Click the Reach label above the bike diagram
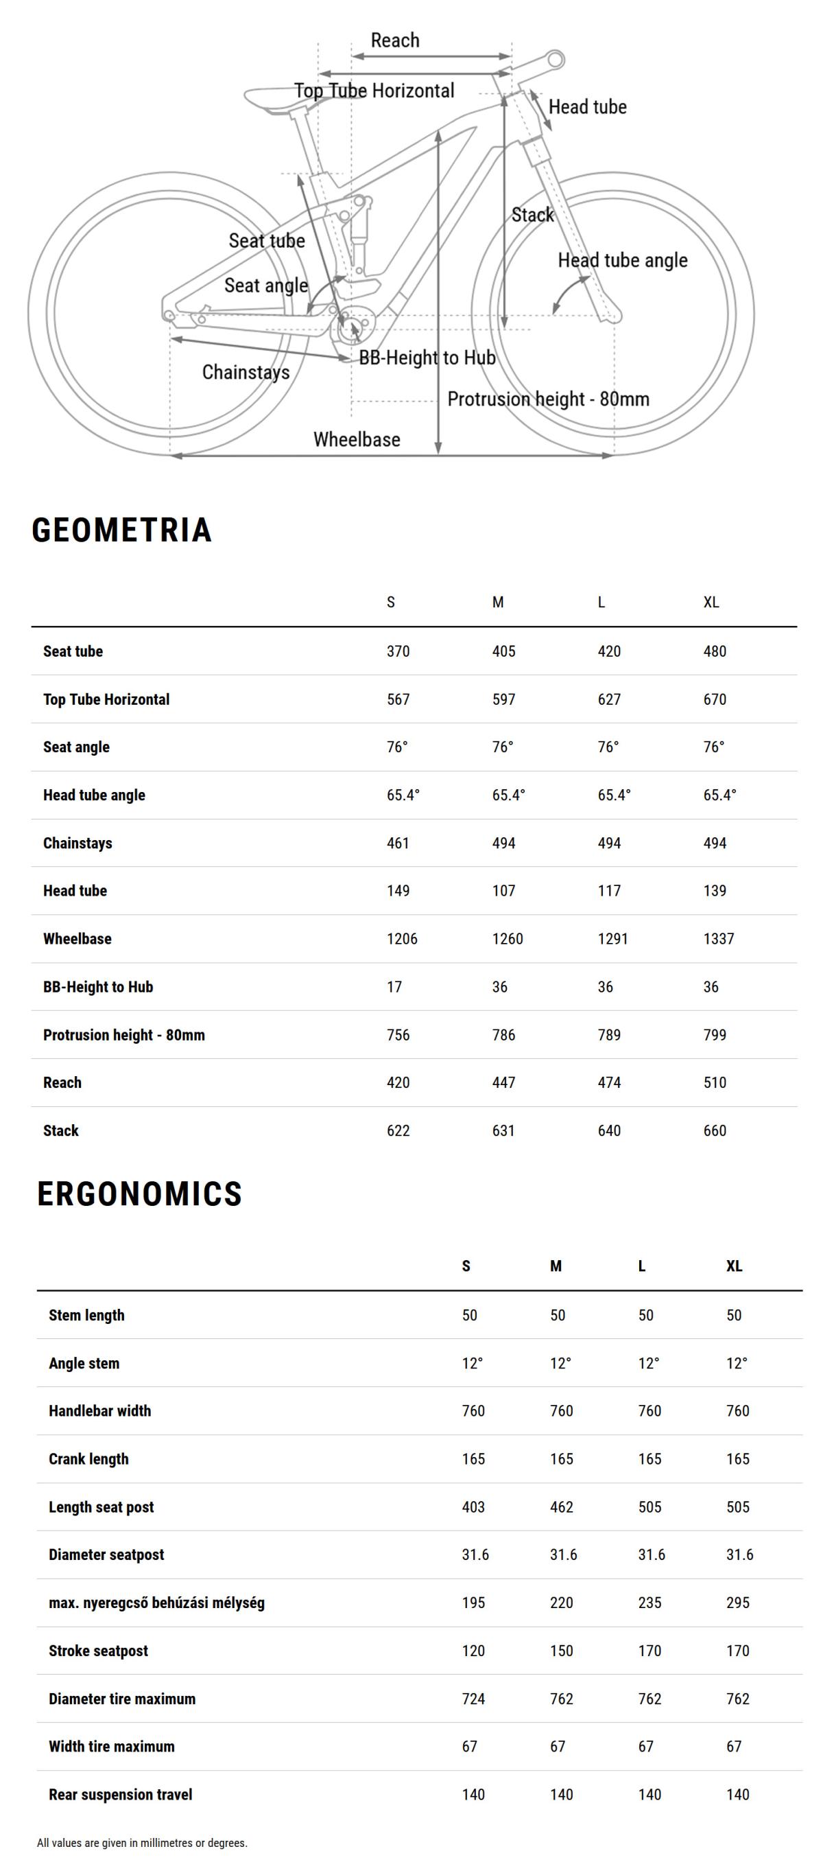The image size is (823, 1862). [x=394, y=40]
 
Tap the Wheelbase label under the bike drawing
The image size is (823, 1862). [x=356, y=439]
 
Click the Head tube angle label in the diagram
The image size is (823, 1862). [x=622, y=260]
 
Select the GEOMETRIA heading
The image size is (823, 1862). [x=121, y=530]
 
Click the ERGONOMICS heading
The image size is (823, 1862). [x=139, y=1194]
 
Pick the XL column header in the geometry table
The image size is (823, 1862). [x=711, y=602]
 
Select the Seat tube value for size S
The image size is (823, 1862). [x=397, y=651]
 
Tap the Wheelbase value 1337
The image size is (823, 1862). [x=718, y=939]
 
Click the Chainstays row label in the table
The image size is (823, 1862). [x=77, y=843]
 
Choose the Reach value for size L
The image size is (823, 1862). [x=608, y=1083]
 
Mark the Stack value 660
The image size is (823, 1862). [x=714, y=1130]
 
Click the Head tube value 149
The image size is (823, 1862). [x=397, y=891]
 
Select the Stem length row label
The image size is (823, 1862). [x=86, y=1315]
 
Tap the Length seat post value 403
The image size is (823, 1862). [x=473, y=1507]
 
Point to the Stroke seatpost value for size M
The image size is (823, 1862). [x=561, y=1651]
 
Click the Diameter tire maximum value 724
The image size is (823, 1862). [x=473, y=1699]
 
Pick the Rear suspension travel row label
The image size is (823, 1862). [x=120, y=1795]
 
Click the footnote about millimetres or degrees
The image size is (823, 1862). [x=141, y=1843]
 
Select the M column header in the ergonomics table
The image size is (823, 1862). [x=555, y=1266]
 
